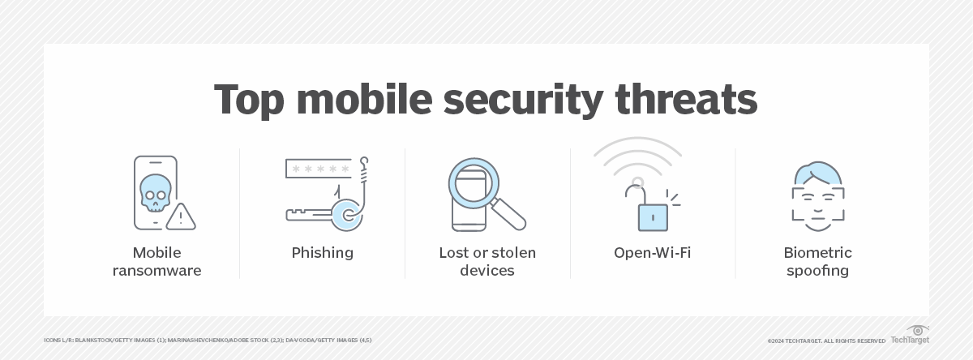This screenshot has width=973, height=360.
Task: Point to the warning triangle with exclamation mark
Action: [180, 216]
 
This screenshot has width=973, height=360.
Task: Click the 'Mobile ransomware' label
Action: [157, 261]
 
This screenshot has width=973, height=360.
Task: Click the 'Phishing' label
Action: [322, 253]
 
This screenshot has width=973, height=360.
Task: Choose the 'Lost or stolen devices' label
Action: [486, 261]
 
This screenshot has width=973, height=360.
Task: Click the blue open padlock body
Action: [653, 216]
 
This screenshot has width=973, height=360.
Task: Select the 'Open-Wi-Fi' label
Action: [652, 253]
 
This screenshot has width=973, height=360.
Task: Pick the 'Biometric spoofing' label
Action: [817, 261]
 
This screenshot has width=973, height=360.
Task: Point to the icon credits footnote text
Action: [208, 341]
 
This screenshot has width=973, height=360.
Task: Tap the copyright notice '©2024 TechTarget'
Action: [826, 341]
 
